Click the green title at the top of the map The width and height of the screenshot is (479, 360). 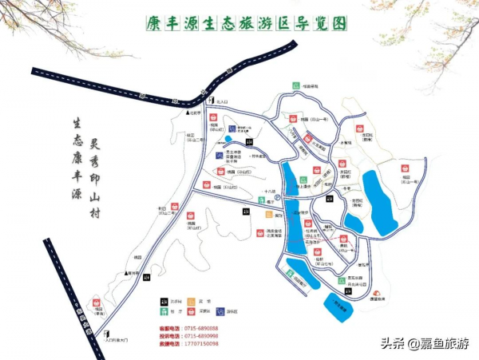click(247, 24)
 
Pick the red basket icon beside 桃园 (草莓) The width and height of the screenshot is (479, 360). click(97, 303)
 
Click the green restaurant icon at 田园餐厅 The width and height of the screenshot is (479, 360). click(296, 85)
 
